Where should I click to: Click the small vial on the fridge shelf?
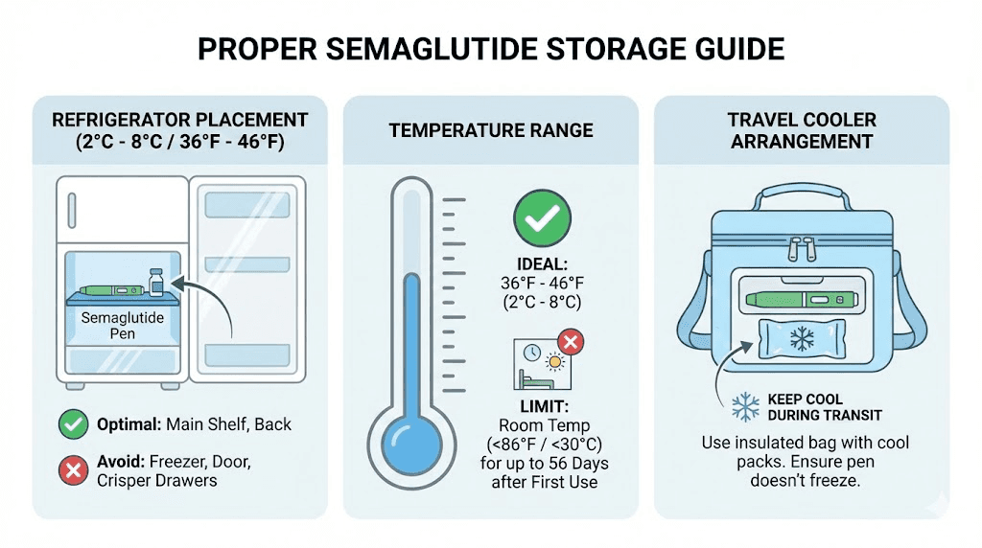pyautogui.click(x=155, y=283)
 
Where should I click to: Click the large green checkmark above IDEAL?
pyautogui.click(x=543, y=219)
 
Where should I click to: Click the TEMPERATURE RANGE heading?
pyautogui.click(x=491, y=130)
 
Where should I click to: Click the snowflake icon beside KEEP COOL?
pyautogui.click(x=745, y=406)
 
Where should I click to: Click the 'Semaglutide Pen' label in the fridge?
pyautogui.click(x=122, y=326)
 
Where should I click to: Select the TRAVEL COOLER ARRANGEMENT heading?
pyautogui.click(x=802, y=130)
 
